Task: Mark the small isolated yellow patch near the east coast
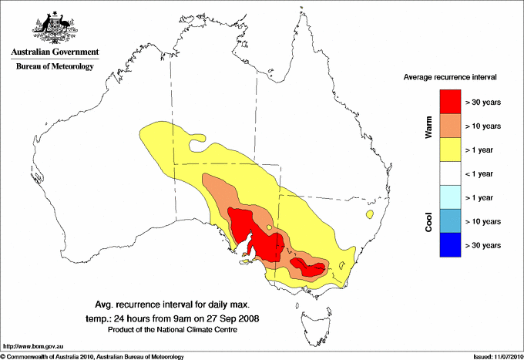373,214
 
